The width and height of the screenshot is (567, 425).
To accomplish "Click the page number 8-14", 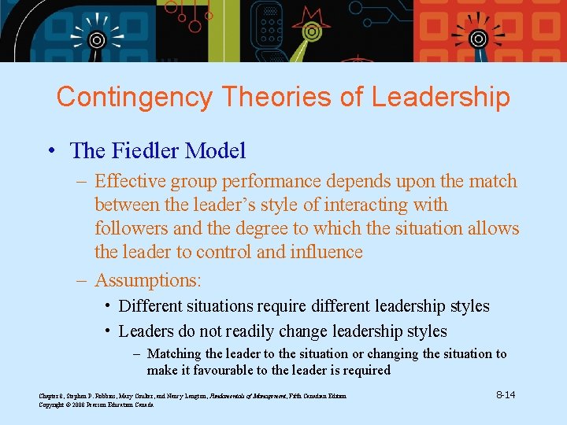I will coord(506,394).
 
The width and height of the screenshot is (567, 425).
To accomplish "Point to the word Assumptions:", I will coord(148,279).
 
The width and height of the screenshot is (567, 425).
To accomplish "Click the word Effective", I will coord(124,181).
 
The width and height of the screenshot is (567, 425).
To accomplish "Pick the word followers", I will coord(129,228).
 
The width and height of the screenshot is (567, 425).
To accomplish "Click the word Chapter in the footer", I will coord(50,395).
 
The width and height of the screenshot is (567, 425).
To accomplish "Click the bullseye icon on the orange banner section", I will coord(477,37).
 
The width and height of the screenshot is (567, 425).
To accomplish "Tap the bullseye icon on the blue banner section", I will coord(95,39).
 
